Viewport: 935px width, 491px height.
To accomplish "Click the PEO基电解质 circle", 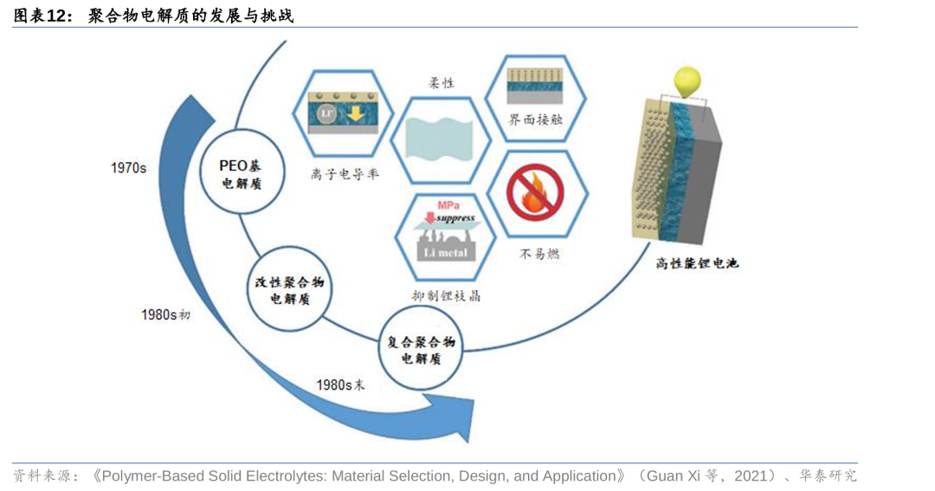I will pos(240,174).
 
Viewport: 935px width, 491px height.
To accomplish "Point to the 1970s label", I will pos(128,168).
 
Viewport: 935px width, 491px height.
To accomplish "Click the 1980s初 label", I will pos(165,314).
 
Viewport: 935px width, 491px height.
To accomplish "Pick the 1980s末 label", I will pos(341,384).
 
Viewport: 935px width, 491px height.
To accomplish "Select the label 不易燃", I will pos(538,255).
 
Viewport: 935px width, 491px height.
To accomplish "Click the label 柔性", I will pos(442,83).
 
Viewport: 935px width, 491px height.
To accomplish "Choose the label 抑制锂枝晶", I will pos(446,295).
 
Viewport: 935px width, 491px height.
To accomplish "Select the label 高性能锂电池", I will pos(697,263).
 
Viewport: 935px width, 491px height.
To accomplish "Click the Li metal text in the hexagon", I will pos(446,253).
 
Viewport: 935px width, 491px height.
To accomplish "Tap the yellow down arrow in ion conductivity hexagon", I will pos(355,116).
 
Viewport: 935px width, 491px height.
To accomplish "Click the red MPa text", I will pos(448,204).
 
